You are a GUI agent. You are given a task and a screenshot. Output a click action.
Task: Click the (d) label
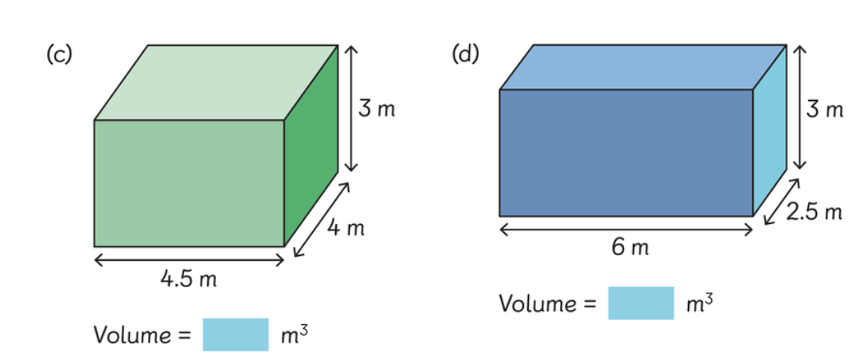pyautogui.click(x=466, y=55)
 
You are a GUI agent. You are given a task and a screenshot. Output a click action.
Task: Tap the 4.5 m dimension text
pyautogui.click(x=189, y=280)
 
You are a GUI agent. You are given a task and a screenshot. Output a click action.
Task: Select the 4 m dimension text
pyautogui.click(x=346, y=228)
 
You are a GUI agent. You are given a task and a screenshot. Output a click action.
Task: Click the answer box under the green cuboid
pyautogui.click(x=235, y=334)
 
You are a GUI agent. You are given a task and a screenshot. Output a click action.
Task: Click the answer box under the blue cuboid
pyautogui.click(x=640, y=303)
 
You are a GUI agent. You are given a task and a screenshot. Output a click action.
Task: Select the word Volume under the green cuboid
pyautogui.click(x=131, y=335)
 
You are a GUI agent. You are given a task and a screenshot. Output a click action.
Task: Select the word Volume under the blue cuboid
pyautogui.click(x=537, y=304)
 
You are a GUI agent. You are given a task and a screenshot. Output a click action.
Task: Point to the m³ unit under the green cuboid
pyautogui.click(x=294, y=334)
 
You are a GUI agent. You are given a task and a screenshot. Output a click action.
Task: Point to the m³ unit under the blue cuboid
pyautogui.click(x=699, y=303)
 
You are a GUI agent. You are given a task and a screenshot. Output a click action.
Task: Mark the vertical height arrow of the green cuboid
pyautogui.click(x=350, y=109)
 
